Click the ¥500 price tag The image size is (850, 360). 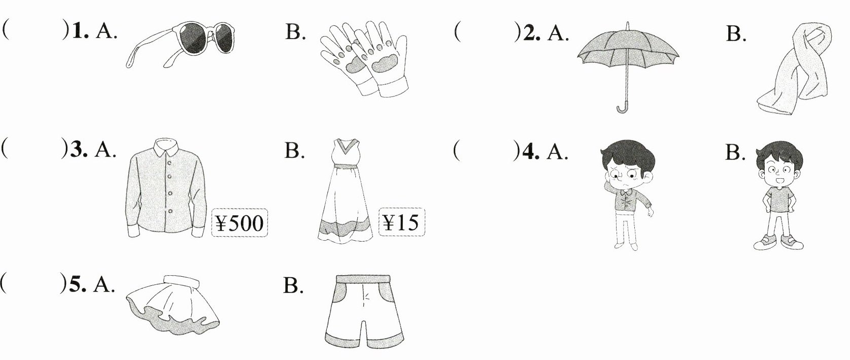(239, 223)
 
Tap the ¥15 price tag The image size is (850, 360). (401, 222)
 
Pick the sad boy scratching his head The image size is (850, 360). (625, 195)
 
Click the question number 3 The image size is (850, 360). (78, 150)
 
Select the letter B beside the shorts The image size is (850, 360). (293, 286)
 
